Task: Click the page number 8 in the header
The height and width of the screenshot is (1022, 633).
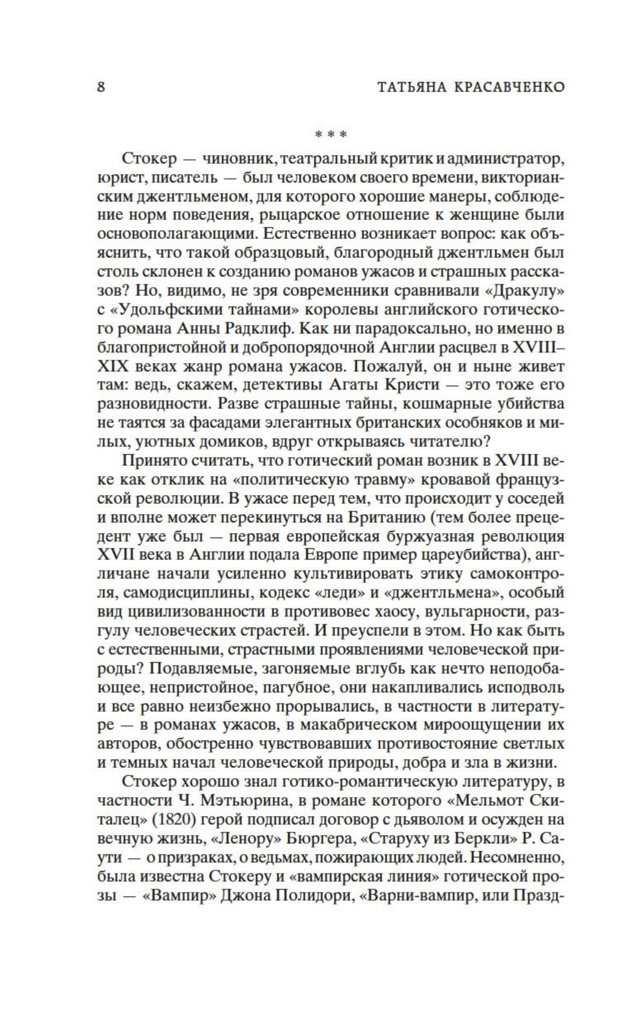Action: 101,87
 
